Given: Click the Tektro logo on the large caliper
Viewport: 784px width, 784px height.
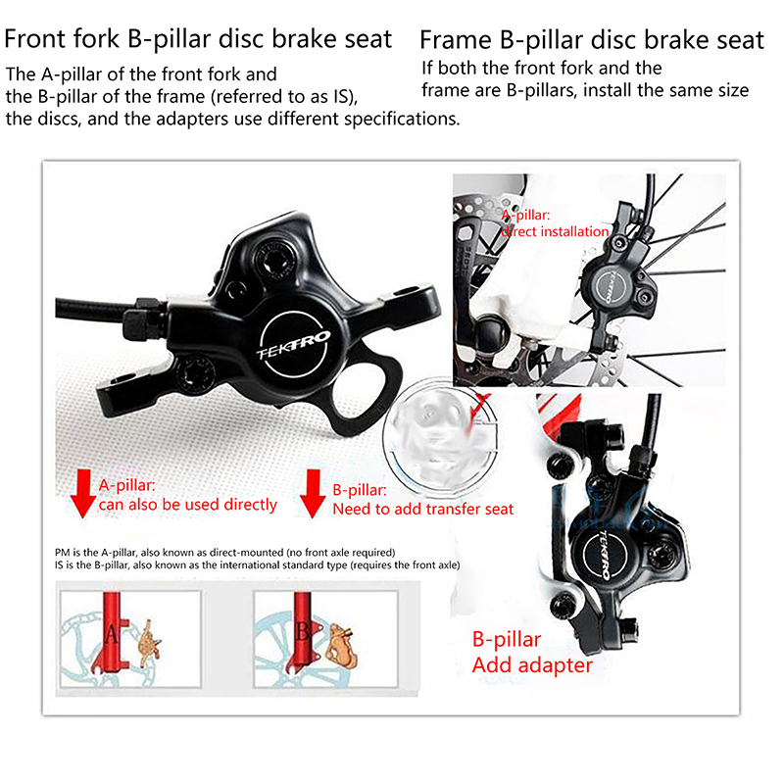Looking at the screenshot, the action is pos(293,345).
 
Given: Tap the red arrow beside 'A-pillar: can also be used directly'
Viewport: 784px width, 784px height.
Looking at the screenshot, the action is pos(82,493).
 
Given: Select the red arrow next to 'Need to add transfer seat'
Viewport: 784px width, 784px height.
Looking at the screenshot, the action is pos(313,494).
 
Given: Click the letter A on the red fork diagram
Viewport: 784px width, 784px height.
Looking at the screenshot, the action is pos(112,634).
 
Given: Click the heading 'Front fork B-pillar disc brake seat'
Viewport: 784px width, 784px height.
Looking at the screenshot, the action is pos(198,39).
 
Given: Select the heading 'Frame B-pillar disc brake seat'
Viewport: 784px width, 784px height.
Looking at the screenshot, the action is pos(592,40).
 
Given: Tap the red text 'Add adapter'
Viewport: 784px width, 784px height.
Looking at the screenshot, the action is pos(532,665).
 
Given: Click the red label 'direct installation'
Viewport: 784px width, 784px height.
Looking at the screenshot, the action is pos(555,231).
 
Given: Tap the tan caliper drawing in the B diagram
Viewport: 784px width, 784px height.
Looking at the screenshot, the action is pos(341,646).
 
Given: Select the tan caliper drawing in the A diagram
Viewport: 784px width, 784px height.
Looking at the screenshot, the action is pos(149,644).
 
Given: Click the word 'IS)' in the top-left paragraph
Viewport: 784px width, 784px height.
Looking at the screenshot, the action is pos(346,97).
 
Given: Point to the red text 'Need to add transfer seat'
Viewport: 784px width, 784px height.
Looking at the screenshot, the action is pos(423,509).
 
